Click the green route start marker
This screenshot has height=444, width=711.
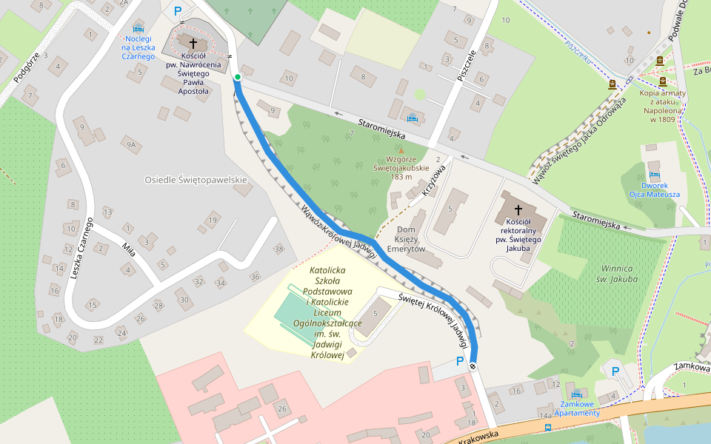click(x=237, y=77)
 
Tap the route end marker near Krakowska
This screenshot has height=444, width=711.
click(x=473, y=367)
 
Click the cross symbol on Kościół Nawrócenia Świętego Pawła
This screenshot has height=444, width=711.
click(x=193, y=44)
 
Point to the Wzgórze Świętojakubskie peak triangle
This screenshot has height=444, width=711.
click(x=401, y=150)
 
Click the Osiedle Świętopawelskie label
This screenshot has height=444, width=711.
click(x=196, y=180)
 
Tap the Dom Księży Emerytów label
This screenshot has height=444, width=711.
click(x=410, y=239)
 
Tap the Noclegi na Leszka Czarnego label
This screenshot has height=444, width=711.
click(x=138, y=47)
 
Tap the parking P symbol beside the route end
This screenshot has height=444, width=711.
click(x=460, y=361)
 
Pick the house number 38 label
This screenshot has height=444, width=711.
click(x=278, y=249)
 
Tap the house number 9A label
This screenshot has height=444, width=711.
click(x=131, y=145)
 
